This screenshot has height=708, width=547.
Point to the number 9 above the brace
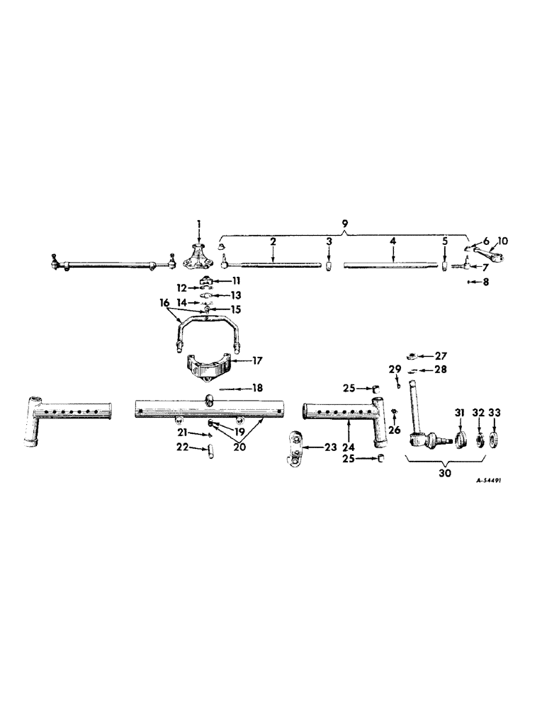click(345, 224)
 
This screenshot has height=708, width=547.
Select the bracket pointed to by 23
click(295, 448)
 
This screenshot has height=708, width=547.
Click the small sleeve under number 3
click(329, 265)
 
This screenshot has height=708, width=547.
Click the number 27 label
click(441, 356)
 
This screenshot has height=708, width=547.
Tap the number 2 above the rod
click(272, 242)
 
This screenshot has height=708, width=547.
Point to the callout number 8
click(486, 282)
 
